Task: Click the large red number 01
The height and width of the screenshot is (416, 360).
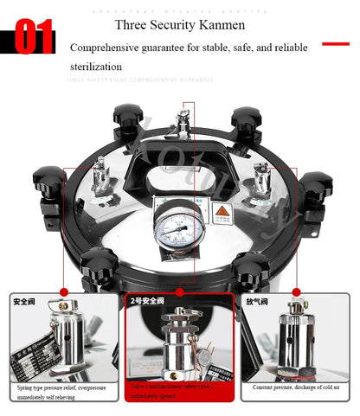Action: coord(34,38)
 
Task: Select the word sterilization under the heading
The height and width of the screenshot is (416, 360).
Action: coord(96,67)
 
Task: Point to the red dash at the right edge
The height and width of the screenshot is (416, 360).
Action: coord(335,42)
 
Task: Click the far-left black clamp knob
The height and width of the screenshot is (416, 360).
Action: coord(48,186)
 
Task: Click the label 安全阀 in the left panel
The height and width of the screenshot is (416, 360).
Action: coord(23,302)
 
